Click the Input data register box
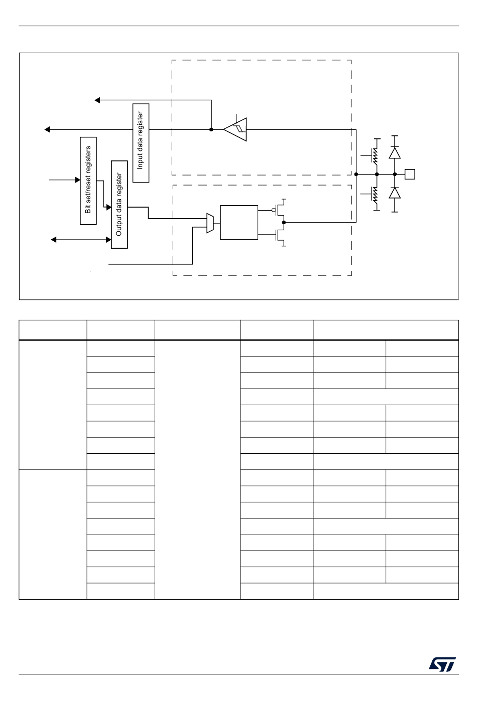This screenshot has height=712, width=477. (141, 143)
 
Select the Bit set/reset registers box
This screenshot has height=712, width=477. (88, 181)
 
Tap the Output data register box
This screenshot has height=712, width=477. (119, 205)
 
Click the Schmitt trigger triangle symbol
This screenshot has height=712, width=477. (236, 130)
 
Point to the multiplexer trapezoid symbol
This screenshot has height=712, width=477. (210, 223)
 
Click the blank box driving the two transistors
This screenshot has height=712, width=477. (239, 222)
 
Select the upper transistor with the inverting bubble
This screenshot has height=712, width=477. (280, 210)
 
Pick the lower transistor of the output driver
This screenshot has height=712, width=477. (280, 235)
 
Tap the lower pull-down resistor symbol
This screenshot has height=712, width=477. (374, 195)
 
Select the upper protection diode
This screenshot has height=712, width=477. (395, 153)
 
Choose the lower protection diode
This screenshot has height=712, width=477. (395, 193)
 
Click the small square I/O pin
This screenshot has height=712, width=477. (410, 174)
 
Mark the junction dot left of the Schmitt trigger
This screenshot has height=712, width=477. (211, 129)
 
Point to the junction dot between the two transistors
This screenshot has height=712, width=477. (284, 222)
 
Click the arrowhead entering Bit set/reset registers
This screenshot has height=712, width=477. (77, 180)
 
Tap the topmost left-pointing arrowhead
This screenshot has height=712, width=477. (97, 100)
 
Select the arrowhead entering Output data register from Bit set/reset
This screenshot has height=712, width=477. (108, 207)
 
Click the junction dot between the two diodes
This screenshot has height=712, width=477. (395, 174)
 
